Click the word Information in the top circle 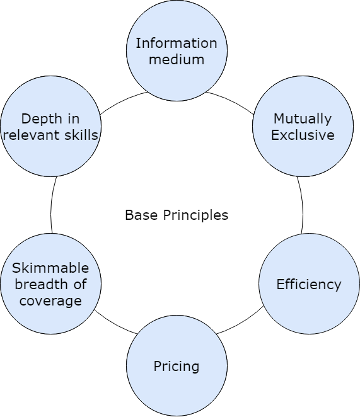[177, 43]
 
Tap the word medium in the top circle [177, 60]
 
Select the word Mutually [303, 118]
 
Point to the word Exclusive [303, 135]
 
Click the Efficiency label [309, 284]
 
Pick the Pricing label [177, 366]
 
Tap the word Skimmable [50, 268]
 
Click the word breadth [42, 284]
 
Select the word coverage [50, 300]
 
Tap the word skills [83, 135]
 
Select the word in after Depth [74, 118]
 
